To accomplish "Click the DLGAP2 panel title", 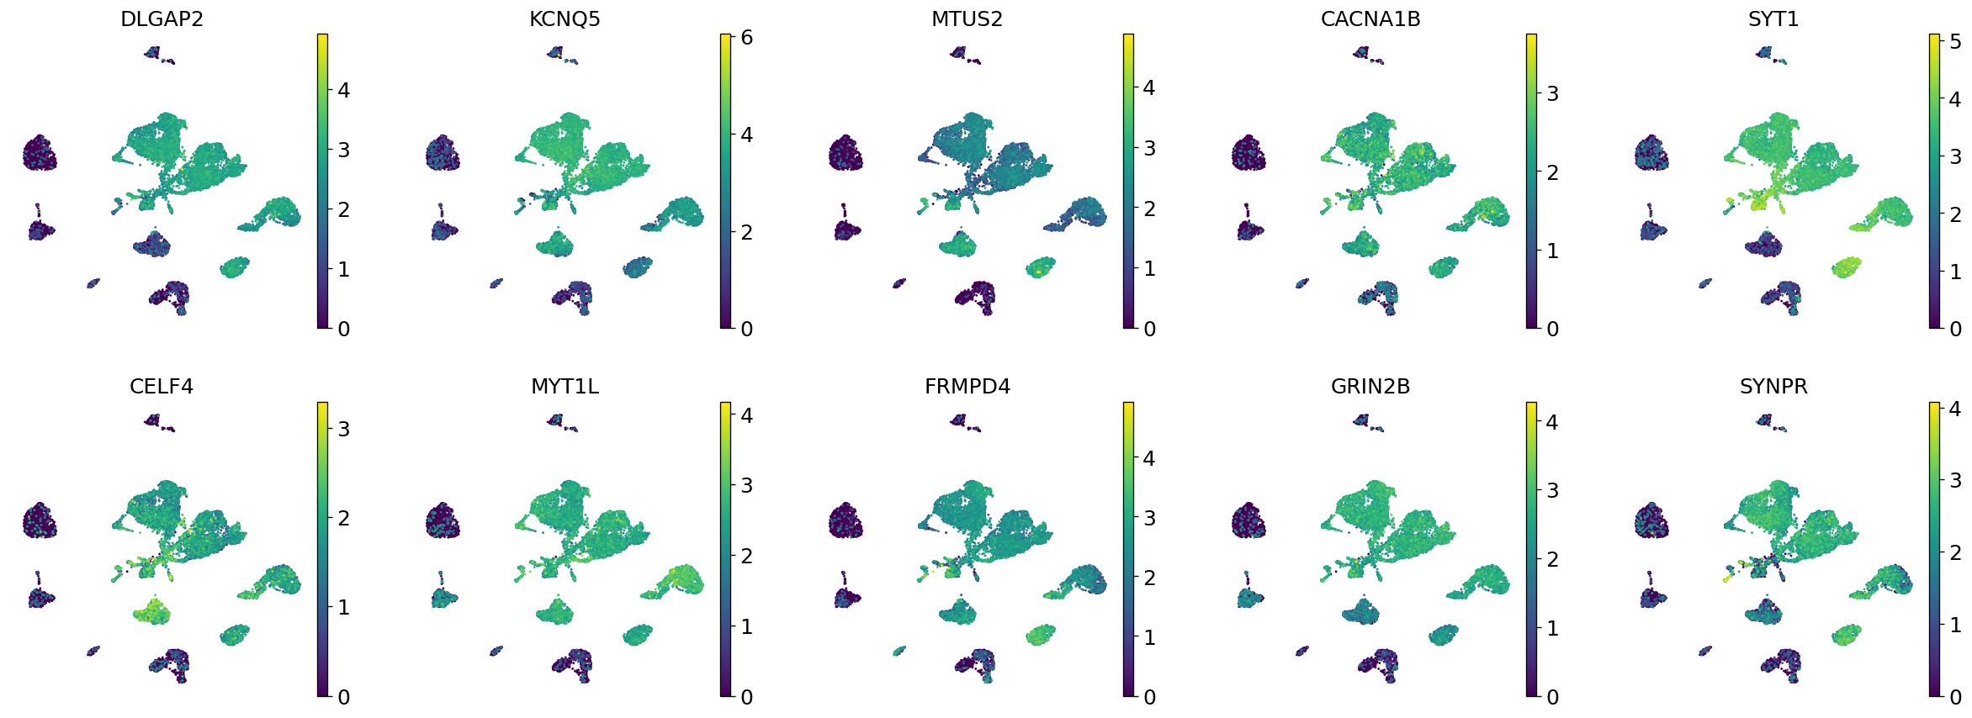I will click(x=162, y=19).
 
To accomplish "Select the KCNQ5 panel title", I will click(x=565, y=19).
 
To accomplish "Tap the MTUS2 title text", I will click(x=967, y=19).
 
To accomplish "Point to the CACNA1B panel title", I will click(x=1370, y=19).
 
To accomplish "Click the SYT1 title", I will click(x=1773, y=19).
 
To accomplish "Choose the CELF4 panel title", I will click(x=162, y=387).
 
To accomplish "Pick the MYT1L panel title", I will click(x=565, y=387).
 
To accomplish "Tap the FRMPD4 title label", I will click(x=967, y=387).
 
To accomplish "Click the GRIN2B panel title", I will click(x=1370, y=387).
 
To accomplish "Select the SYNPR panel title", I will click(x=1773, y=387).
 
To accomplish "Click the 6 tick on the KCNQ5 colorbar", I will click(x=746, y=38).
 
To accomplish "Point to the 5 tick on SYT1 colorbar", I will click(x=1955, y=42).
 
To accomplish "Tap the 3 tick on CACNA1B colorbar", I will click(x=1552, y=94).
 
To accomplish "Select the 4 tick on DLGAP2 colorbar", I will click(x=343, y=91).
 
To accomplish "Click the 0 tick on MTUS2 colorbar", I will click(x=1149, y=330).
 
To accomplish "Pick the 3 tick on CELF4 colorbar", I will click(x=343, y=430).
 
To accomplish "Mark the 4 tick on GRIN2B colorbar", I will click(x=1552, y=422).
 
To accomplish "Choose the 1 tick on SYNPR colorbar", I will click(x=1955, y=626).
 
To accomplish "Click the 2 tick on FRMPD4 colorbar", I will click(x=1149, y=578).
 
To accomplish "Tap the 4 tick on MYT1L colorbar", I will click(x=746, y=415).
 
